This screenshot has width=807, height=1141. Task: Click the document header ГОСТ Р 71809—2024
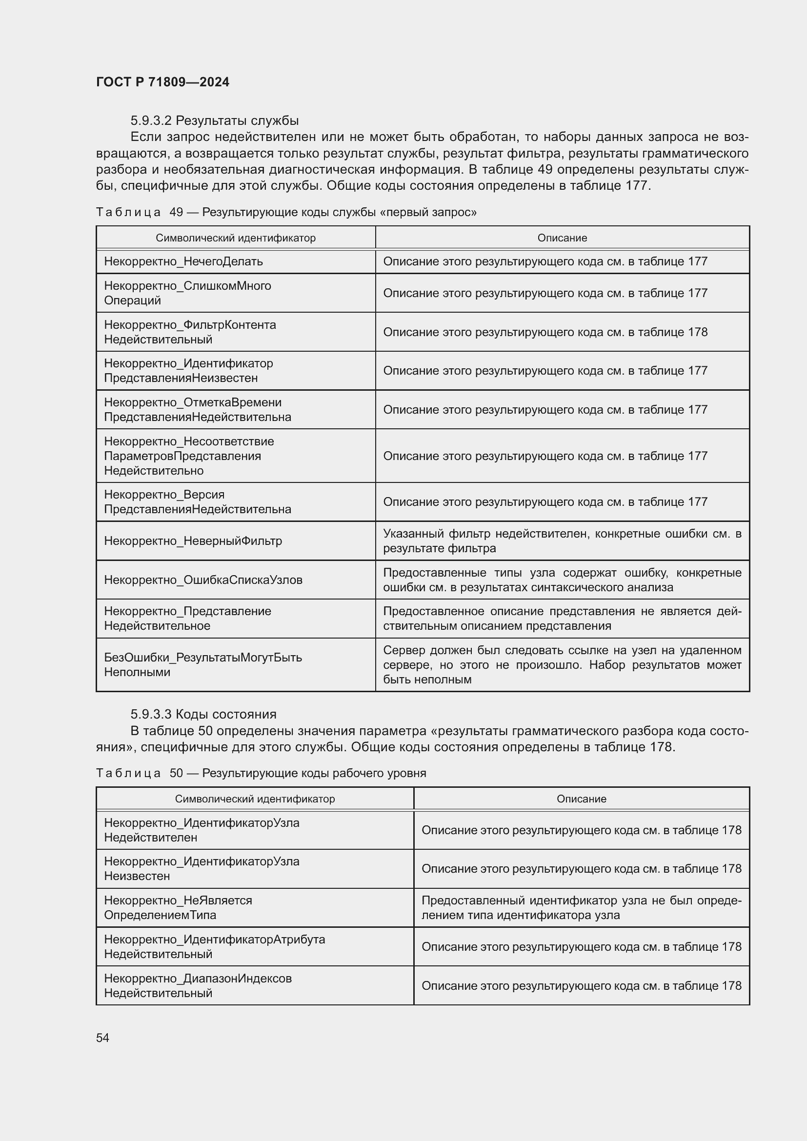162,82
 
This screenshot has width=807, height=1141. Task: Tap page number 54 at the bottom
102,1038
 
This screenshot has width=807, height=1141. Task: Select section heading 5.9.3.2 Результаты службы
214,120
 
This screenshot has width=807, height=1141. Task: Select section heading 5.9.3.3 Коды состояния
203,714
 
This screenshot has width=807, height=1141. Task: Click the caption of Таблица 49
286,212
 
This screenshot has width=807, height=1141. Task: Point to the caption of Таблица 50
261,773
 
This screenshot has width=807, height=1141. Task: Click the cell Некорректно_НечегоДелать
183,261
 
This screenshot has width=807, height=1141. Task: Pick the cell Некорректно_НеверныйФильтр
193,540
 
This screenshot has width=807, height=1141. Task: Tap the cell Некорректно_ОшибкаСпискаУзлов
203,580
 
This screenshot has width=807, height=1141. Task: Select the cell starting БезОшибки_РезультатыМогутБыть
203,664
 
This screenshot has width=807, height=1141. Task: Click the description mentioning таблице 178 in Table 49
545,332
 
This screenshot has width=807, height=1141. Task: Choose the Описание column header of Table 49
562,238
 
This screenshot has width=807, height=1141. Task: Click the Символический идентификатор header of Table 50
254,799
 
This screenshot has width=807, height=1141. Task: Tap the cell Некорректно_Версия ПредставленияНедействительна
197,502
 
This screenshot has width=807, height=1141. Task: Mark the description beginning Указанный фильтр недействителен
562,540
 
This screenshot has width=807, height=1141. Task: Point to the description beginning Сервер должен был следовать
562,664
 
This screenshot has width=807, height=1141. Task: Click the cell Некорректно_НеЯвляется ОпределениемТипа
178,907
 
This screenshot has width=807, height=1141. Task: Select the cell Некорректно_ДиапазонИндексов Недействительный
197,985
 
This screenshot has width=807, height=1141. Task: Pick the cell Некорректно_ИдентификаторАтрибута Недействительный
214,947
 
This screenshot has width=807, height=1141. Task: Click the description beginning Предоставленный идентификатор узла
581,907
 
